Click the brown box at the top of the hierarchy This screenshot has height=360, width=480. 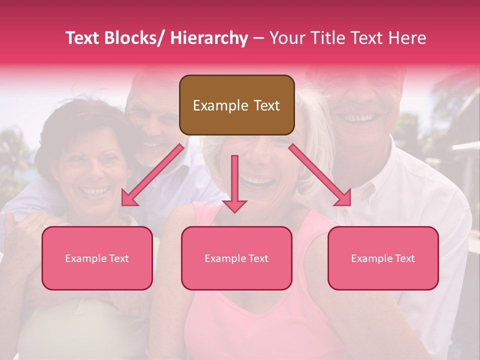coord(236,105)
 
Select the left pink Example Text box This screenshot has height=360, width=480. coord(97,258)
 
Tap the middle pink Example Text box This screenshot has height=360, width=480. coord(236,258)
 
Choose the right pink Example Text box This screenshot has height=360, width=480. coord(383,258)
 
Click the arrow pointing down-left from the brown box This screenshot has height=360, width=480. coord(152,175)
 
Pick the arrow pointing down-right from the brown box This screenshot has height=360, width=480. coord(320,175)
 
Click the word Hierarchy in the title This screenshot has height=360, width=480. coord(208,38)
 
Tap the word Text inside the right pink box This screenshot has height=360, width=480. coord(404,258)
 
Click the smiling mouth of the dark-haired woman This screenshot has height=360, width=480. coord(95,191)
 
